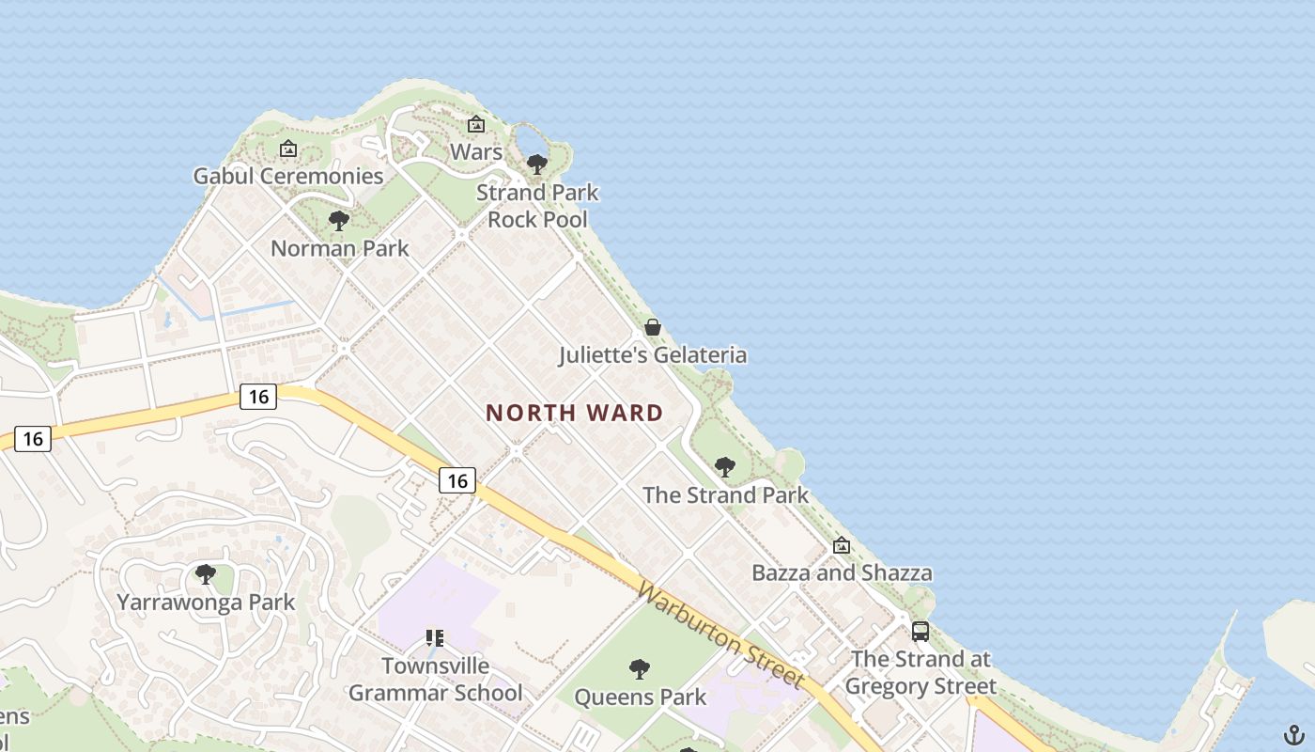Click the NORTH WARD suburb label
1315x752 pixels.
pyautogui.click(x=574, y=413)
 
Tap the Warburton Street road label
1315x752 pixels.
pyautogui.click(x=720, y=634)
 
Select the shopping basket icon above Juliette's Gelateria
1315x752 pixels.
pyautogui.click(x=653, y=327)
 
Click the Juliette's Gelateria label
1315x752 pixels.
pyautogui.click(x=653, y=355)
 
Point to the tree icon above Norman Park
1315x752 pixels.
pyautogui.click(x=339, y=221)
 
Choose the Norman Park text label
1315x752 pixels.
pyautogui.click(x=339, y=248)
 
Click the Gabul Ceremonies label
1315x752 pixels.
pyautogui.click(x=288, y=176)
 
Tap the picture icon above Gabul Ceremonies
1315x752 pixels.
pyautogui.click(x=288, y=149)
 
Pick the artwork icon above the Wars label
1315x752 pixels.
pyautogui.click(x=476, y=124)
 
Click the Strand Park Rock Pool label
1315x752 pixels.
pyautogui.click(x=537, y=206)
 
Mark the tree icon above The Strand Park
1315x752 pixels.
pyautogui.click(x=724, y=466)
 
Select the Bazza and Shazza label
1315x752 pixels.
pyautogui.click(x=842, y=572)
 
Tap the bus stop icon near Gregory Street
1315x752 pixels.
pyautogui.click(x=920, y=632)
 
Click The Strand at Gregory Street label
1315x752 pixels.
pyautogui.click(x=920, y=672)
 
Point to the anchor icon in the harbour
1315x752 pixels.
pyautogui.click(x=1294, y=734)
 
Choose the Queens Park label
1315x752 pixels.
pyautogui.click(x=640, y=697)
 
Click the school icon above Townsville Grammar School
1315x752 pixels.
pyautogui.click(x=434, y=638)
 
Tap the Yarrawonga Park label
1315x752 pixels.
pyautogui.click(x=206, y=602)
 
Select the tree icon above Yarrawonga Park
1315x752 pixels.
pyautogui.click(x=205, y=574)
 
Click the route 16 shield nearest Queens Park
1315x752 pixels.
pyautogui.click(x=457, y=480)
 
